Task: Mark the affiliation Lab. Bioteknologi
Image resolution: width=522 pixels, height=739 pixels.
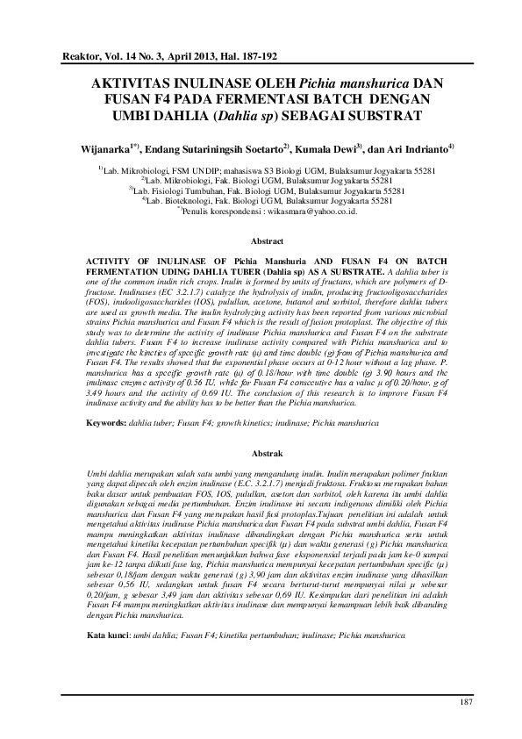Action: click(180, 199)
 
